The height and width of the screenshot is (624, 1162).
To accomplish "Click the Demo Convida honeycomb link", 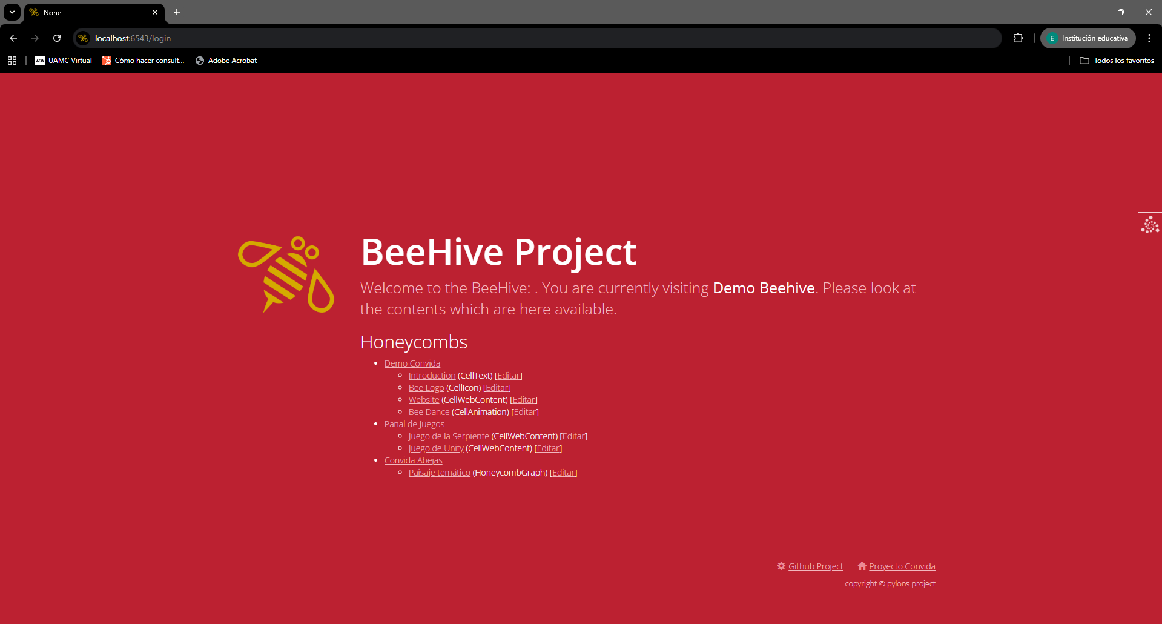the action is point(412,363).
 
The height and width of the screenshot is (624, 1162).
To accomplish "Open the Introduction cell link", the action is point(432,376).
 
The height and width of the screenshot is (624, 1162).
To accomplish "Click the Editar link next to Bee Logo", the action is point(497,388).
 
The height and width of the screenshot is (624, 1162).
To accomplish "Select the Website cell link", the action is point(424,400).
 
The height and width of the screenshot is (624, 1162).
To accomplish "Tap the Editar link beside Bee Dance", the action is point(525,412).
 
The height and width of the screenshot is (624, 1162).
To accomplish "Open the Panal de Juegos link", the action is point(414,424).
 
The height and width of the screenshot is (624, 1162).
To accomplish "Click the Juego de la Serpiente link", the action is point(449,436).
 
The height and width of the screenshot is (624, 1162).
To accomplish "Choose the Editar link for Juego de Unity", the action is point(548,448).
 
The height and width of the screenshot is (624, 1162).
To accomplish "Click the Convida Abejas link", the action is point(414,460).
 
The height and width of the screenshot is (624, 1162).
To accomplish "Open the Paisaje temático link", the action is point(440,473).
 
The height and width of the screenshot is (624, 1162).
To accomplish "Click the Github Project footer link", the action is point(816,566).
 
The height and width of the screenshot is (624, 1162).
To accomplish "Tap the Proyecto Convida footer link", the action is point(902,566).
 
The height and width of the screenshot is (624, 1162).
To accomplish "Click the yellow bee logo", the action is point(286,274).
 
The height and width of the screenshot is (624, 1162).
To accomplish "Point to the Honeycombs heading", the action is point(414,342).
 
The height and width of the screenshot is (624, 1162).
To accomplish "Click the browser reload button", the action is point(57,38).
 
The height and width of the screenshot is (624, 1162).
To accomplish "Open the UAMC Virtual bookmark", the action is point(64,61).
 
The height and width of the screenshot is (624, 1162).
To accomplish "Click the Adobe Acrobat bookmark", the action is point(226,61).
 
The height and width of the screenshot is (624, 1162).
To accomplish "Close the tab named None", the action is point(155,12).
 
